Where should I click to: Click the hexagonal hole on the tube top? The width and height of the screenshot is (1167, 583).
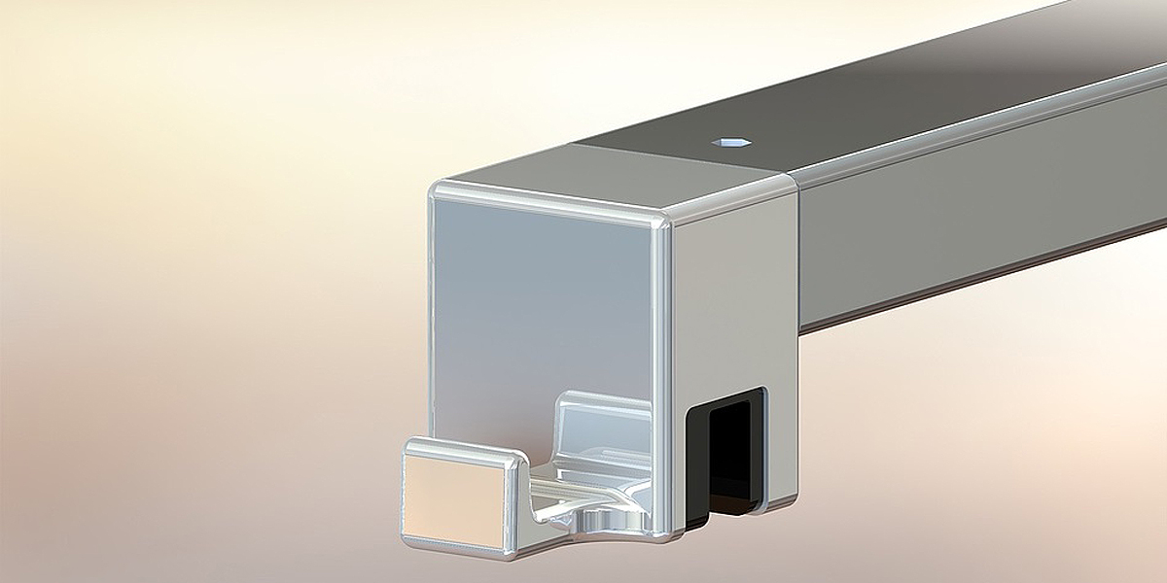[x=731, y=142]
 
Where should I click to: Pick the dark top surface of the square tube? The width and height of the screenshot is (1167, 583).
[x=875, y=97]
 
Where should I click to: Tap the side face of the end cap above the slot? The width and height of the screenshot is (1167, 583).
[x=734, y=291]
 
